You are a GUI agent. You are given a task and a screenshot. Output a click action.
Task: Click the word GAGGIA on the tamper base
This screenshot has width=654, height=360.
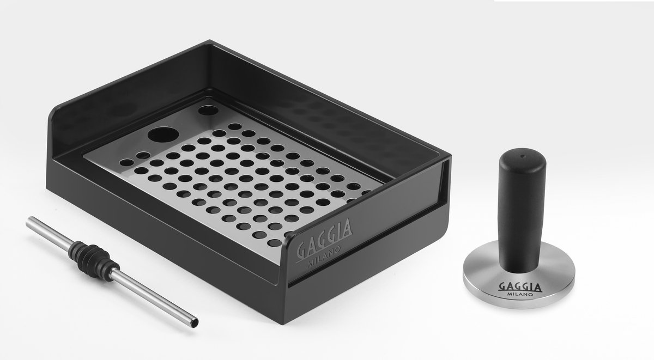coord(520,287)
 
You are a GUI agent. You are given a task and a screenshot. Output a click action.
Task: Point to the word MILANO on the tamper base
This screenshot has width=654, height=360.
coord(520,294)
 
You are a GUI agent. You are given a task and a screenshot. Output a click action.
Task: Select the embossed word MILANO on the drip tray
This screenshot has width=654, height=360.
coord(324,256)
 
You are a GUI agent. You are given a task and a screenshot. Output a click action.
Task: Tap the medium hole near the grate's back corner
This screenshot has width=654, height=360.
coord(208,110)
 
